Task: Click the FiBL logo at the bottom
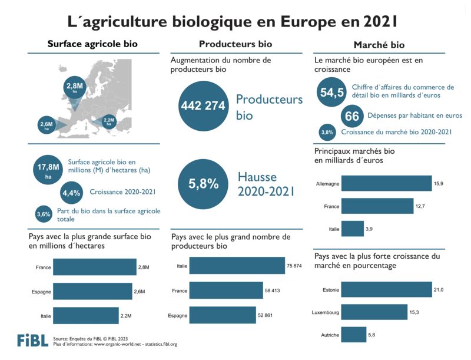(32, 341)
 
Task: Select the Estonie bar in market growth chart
(386, 289)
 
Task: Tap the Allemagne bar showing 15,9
(386, 184)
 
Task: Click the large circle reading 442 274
(203, 105)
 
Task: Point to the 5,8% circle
(203, 184)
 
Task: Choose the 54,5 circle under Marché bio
(331, 93)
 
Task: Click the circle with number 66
(352, 117)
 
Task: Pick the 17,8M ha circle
(49, 170)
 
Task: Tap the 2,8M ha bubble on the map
(75, 88)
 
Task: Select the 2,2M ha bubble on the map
(108, 121)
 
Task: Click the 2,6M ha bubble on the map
(47, 124)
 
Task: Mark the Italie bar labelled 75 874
(237, 266)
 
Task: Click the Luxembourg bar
(374, 312)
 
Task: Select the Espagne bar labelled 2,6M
(91, 292)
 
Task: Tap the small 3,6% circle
(44, 214)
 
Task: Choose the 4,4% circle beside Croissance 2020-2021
(71, 192)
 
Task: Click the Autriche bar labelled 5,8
(353, 335)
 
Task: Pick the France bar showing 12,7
(377, 206)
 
